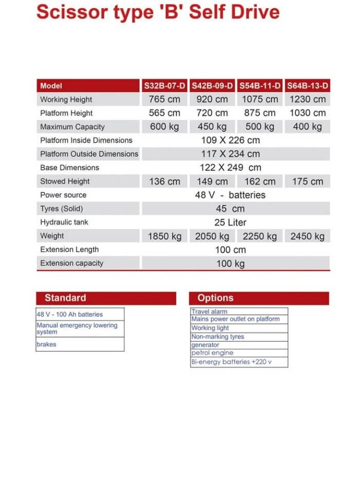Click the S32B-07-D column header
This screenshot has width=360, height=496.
(165, 86)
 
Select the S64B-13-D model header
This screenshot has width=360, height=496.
(308, 86)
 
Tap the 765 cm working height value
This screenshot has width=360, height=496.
(165, 99)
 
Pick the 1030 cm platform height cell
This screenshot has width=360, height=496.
(308, 113)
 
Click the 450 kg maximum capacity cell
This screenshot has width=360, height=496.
(212, 127)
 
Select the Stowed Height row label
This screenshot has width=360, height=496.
(65, 181)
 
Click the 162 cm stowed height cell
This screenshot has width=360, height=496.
(260, 181)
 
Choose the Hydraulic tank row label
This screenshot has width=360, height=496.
(64, 222)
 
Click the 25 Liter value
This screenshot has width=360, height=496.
(230, 222)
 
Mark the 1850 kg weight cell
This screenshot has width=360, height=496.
(165, 236)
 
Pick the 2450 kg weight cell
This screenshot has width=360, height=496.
(308, 236)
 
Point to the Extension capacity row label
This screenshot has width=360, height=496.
(71, 263)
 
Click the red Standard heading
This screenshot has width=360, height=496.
(65, 298)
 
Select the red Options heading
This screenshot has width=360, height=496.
(215, 298)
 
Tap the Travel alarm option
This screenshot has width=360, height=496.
(209, 311)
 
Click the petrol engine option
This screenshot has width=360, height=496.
(212, 353)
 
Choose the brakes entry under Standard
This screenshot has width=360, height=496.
(46, 344)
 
